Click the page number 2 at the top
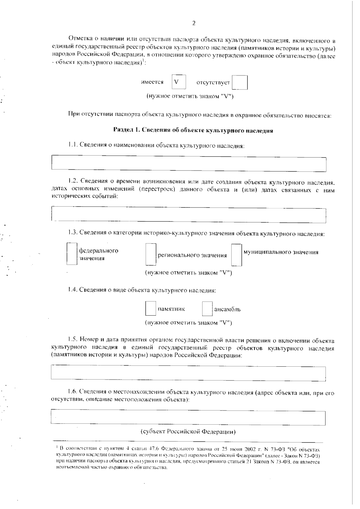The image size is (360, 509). pos(193,23)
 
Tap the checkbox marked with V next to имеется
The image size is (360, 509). pos(179,82)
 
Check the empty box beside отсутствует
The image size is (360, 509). pos(240,83)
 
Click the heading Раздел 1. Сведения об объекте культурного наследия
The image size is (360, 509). pos(193,130)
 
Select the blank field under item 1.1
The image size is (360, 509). pos(189,164)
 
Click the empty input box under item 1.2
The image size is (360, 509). pos(189,215)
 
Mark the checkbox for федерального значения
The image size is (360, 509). pos(72,254)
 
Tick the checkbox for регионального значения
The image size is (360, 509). pos(151,255)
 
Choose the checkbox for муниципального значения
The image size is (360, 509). pos(237,255)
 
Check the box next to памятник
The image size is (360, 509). pos(151,309)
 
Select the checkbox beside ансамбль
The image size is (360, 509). pos(207,309)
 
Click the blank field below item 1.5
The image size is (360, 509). pos(188,373)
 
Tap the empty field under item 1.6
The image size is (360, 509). pos(188,418)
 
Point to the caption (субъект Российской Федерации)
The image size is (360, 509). pos(188,432)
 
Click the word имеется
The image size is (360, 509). pos(152,82)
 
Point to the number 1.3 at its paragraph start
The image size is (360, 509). pos(73,233)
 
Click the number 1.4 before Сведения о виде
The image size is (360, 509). pos(73,290)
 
